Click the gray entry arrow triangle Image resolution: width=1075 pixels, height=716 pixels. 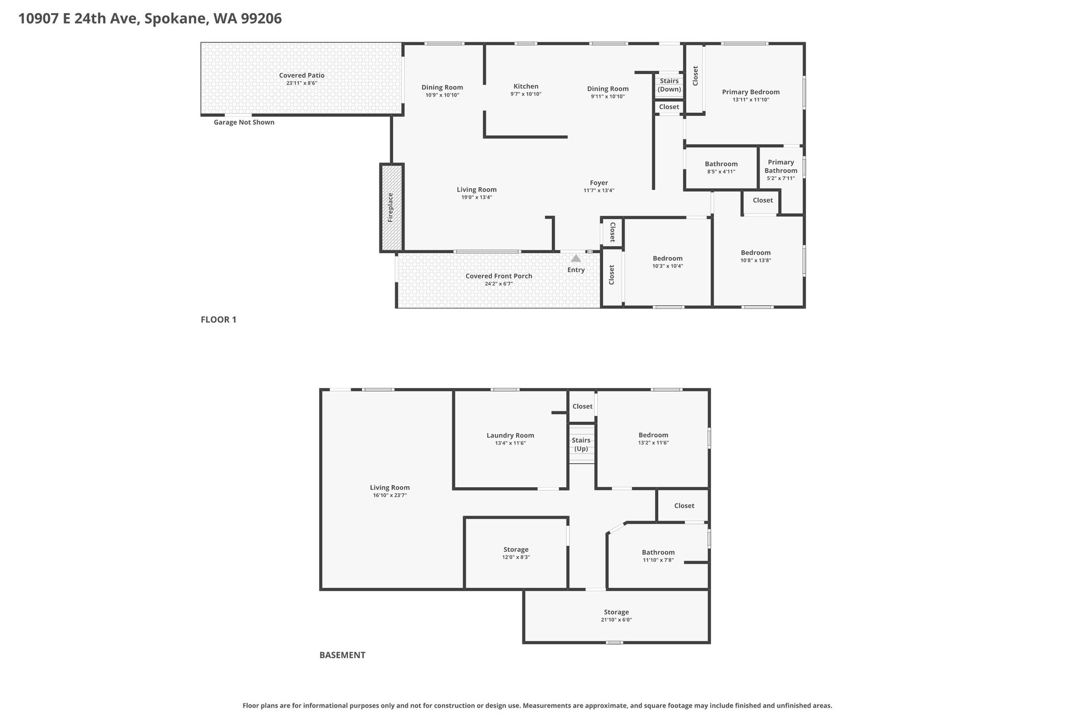click(x=576, y=258)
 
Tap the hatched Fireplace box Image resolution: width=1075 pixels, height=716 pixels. click(x=392, y=208)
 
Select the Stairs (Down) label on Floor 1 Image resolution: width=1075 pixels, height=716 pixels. click(x=669, y=85)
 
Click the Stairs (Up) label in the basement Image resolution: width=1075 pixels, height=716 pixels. click(x=581, y=444)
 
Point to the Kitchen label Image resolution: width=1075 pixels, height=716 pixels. click(x=526, y=87)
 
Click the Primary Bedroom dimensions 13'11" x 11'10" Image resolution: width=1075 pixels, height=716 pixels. click(x=751, y=100)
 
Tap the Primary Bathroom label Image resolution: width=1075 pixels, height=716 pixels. click(x=781, y=166)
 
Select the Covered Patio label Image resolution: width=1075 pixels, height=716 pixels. click(x=302, y=76)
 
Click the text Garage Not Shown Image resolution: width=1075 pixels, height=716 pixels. click(x=244, y=122)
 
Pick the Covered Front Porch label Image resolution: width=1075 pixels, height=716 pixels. click(x=499, y=276)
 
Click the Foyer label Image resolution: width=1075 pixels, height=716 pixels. click(x=599, y=183)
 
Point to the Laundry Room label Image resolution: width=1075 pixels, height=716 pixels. click(x=510, y=435)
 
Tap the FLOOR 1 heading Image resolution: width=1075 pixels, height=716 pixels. click(x=218, y=319)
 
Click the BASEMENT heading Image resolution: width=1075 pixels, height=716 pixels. click(x=342, y=655)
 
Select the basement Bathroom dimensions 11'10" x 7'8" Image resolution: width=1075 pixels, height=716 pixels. click(x=658, y=560)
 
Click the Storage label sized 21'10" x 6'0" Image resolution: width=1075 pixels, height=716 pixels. click(x=616, y=612)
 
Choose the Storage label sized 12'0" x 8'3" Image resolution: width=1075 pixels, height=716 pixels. click(x=516, y=550)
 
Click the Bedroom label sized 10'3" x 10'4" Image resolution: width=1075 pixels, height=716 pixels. click(x=668, y=258)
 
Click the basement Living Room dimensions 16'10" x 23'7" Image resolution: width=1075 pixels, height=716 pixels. click(x=390, y=495)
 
